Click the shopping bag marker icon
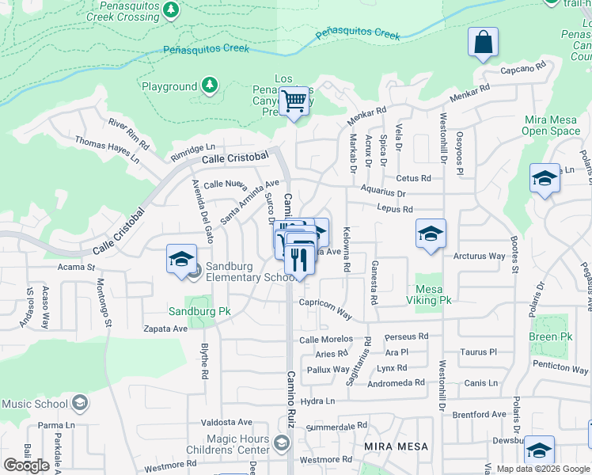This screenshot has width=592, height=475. click(483, 43)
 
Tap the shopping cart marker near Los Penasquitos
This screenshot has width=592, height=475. click(294, 102)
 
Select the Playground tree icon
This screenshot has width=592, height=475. click(210, 85)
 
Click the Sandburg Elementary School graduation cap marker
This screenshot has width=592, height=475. click(180, 258)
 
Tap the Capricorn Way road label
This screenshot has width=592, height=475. click(325, 307)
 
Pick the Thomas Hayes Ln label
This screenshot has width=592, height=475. click(107, 150)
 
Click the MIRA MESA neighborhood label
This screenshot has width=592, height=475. click(396, 446)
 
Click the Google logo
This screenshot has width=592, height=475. click(26, 465)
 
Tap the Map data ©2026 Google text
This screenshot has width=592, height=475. click(543, 469)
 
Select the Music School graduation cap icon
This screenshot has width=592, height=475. click(79, 404)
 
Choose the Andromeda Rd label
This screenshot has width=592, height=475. click(398, 382)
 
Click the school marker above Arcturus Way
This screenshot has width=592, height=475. click(431, 234)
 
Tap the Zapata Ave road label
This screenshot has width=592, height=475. click(164, 328)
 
